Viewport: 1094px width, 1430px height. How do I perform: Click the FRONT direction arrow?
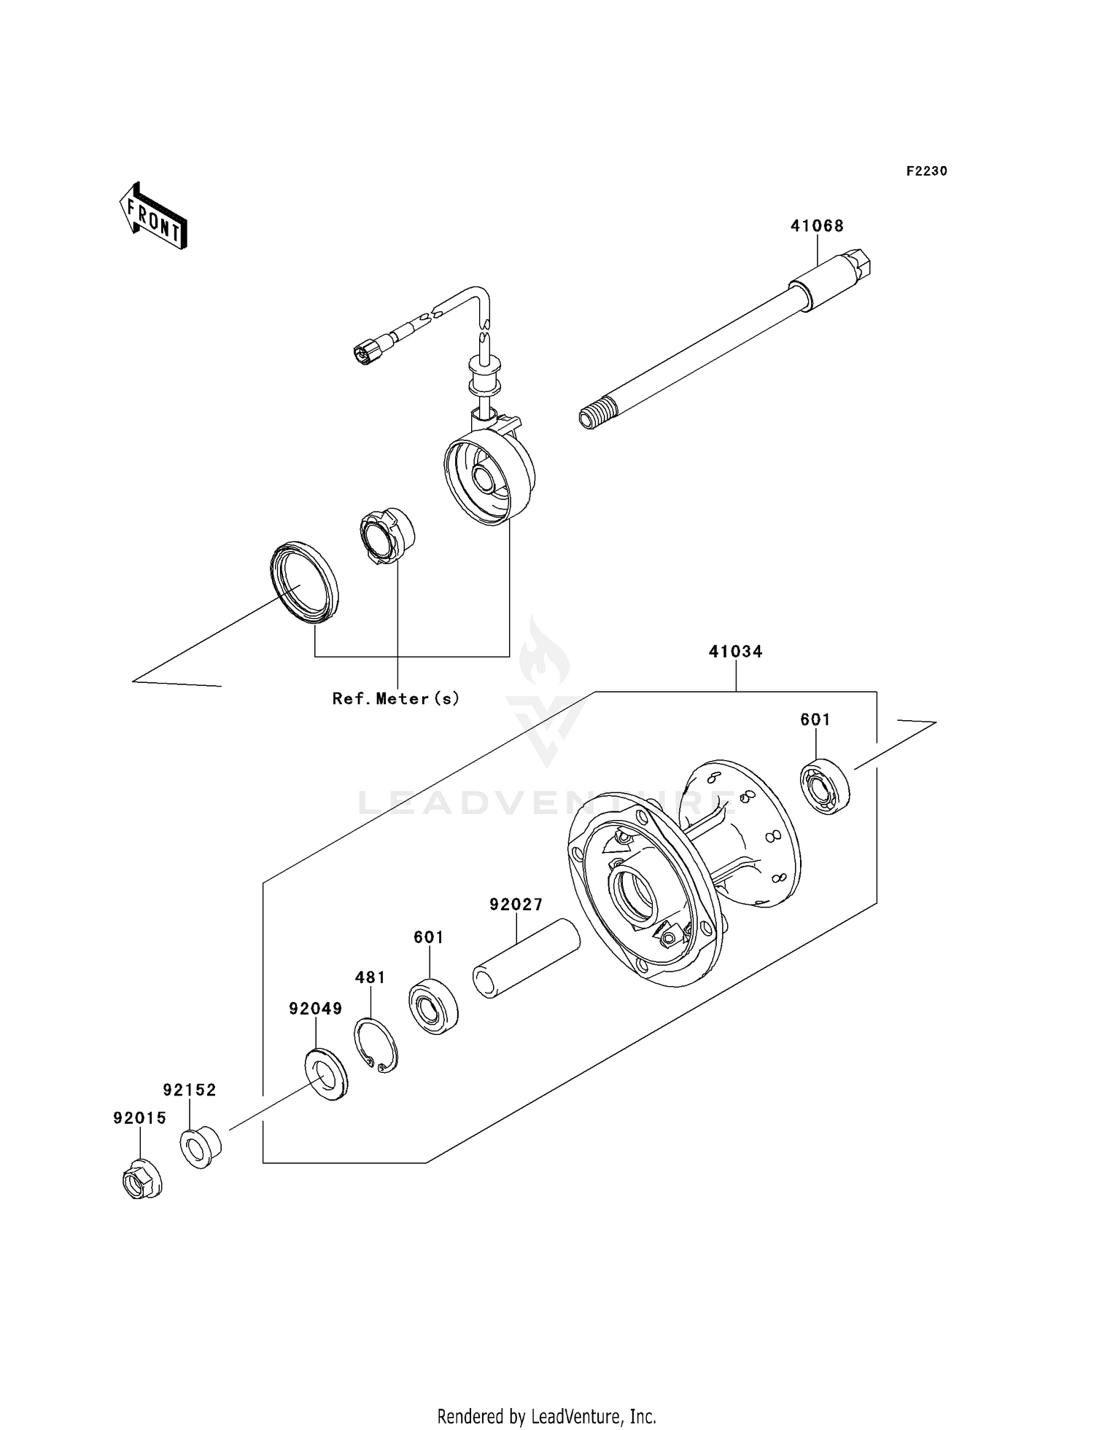[154, 217]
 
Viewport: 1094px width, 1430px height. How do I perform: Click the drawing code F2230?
[926, 171]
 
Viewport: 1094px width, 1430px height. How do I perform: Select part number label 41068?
[817, 226]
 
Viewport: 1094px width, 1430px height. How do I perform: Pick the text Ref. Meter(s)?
[396, 698]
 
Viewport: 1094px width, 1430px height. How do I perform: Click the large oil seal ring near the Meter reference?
[304, 582]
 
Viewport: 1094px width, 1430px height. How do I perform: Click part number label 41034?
[735, 652]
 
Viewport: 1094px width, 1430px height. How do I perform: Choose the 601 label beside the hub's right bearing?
[815, 719]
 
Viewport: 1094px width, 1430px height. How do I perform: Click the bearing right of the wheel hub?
[826, 786]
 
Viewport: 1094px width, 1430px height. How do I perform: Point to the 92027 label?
[516, 905]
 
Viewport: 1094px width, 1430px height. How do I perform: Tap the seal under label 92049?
[326, 1074]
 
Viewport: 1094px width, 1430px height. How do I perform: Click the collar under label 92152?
[201, 1148]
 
